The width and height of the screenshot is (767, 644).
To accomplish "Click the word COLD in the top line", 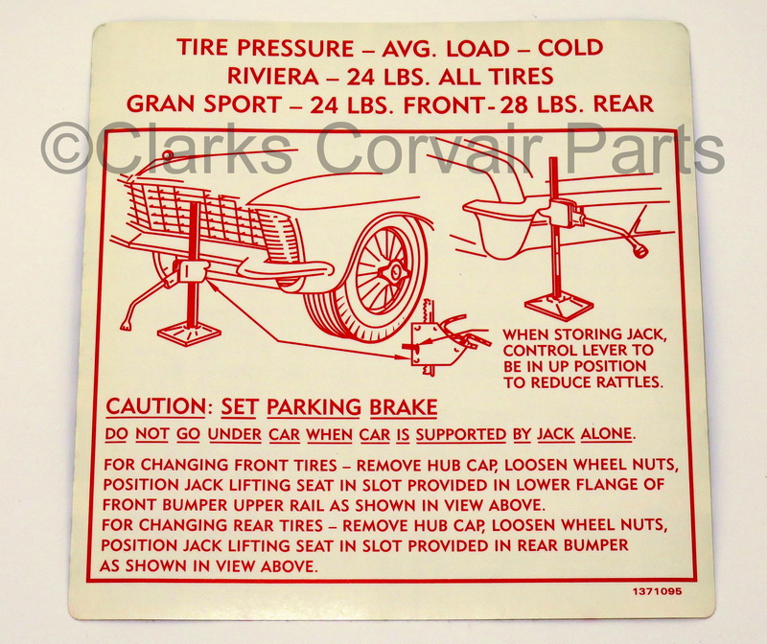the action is (570, 47).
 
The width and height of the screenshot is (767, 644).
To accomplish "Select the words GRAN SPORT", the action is (204, 103).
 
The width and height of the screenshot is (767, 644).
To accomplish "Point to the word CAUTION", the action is (155, 407).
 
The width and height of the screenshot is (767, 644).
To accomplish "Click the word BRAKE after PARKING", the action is (403, 407).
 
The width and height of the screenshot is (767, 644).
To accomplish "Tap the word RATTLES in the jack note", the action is (620, 382).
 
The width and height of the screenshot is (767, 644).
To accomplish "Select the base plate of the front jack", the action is (190, 334).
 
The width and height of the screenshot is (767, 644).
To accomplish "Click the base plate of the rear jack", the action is (557, 307).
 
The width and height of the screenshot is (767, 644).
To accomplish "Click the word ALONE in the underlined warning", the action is (606, 434).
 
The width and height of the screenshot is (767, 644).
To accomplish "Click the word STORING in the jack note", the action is (588, 335).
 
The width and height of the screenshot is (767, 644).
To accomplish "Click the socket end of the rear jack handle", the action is (639, 251).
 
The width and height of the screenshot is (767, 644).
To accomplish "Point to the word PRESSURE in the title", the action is (296, 47).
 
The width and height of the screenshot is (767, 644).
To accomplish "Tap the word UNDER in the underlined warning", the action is (234, 434).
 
